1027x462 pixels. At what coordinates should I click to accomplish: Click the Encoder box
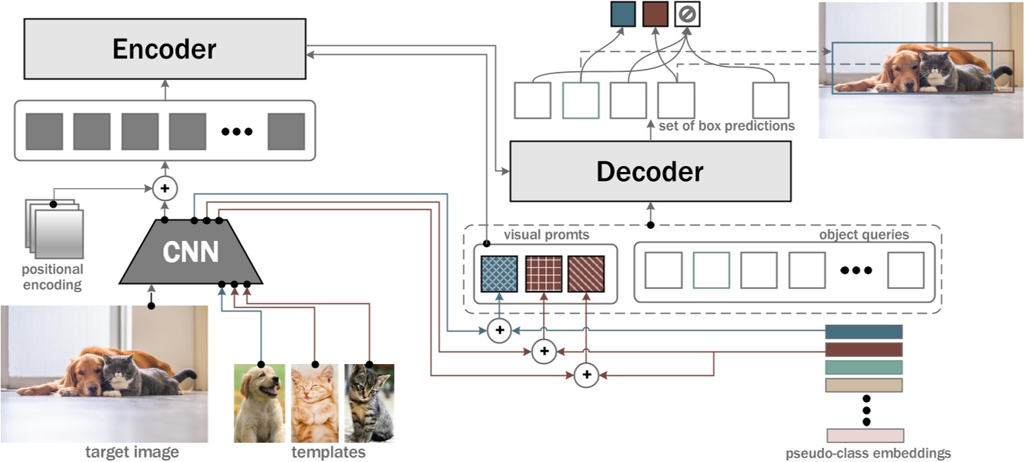164,49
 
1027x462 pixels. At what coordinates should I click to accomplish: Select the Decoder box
650,171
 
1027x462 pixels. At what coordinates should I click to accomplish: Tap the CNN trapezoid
191,252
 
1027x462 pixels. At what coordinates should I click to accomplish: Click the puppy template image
260,403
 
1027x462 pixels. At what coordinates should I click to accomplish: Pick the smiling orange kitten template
315,403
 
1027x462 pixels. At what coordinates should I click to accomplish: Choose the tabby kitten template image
369,403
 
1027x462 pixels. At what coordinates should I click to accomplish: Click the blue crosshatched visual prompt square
499,274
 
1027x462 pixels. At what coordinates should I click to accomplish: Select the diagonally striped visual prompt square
586,274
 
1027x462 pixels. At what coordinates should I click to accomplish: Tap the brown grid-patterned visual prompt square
543,274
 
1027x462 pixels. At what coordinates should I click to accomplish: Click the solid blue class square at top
623,14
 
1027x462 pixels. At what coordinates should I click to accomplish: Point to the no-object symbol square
688,14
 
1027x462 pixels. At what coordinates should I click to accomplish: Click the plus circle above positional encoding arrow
165,188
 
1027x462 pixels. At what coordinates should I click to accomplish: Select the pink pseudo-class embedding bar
864,435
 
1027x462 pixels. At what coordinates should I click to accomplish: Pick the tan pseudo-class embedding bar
864,385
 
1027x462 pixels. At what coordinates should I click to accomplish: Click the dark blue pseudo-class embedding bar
864,331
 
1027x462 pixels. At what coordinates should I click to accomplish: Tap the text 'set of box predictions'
726,126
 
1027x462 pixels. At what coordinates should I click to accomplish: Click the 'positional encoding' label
52,277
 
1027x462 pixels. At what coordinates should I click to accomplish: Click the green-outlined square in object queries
711,270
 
